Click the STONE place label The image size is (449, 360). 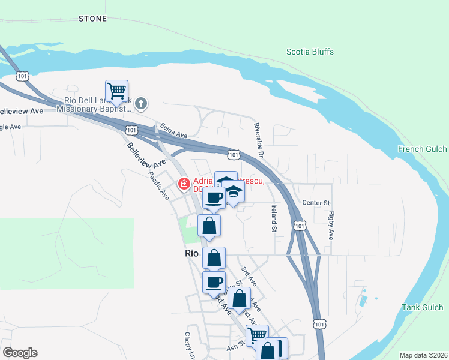[x=93, y=19]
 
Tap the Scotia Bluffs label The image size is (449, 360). [x=310, y=51]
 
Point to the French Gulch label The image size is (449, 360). [x=423, y=149]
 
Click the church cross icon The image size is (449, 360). [x=141, y=104]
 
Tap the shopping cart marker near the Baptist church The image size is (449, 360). [x=116, y=91]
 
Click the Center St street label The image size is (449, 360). [x=316, y=202]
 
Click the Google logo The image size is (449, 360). [x=20, y=353]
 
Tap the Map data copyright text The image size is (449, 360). [x=423, y=355]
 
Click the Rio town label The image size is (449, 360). [x=191, y=254]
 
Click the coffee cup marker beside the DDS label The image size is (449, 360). [x=215, y=197]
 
